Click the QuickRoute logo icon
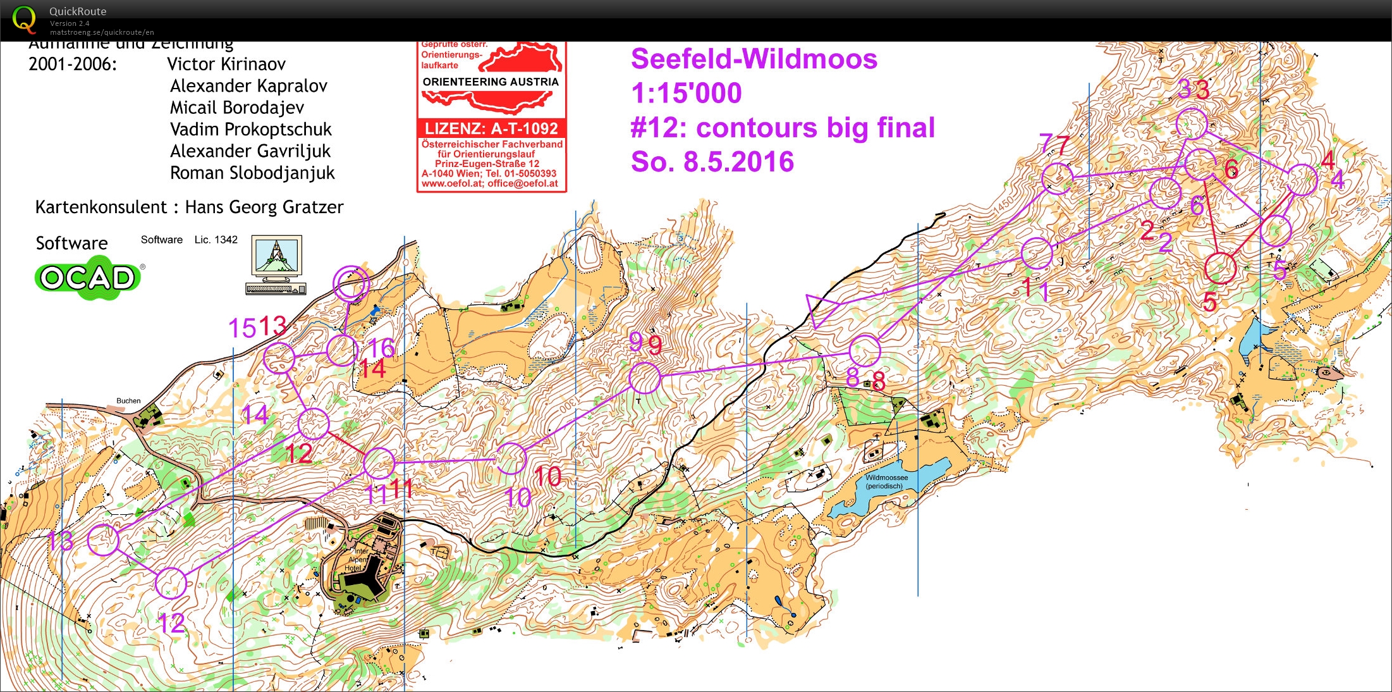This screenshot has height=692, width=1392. coord(24,19)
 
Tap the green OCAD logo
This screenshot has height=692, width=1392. coord(88,278)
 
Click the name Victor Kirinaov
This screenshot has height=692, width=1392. coord(226,64)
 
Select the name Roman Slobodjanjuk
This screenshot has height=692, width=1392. coord(252,173)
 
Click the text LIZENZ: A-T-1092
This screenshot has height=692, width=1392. coord(491,128)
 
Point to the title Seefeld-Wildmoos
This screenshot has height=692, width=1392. coord(754,59)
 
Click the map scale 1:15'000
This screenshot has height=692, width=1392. coord(687,94)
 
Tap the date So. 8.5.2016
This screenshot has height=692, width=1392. coord(712,162)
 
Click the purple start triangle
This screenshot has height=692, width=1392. coord(820,309)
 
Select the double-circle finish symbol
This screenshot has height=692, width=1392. coord(350,283)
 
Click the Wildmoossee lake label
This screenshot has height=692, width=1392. coord(886,481)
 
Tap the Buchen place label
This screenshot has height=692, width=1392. coord(128,401)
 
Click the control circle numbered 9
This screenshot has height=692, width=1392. coord(645,378)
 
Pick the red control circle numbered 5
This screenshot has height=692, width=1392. coord(1220,268)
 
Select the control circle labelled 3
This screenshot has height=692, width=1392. coord(1192,123)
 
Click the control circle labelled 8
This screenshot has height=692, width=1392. coord(864,350)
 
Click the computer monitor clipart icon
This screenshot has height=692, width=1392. coord(276,264)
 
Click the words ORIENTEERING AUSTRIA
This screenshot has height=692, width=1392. coord(491,82)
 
